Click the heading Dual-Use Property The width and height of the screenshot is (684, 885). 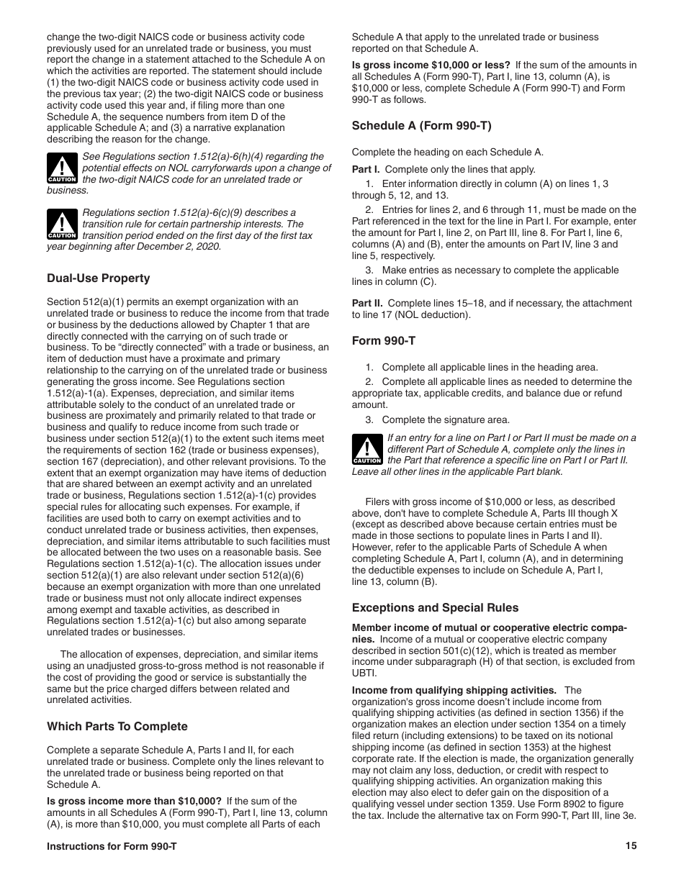tap(99, 278)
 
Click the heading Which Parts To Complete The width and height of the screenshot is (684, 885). tap(117, 727)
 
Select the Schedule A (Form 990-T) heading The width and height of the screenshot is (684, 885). tap(421, 126)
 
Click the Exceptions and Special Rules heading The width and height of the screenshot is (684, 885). tap(435, 608)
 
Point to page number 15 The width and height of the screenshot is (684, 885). tap(631, 846)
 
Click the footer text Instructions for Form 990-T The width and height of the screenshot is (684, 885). tap(112, 847)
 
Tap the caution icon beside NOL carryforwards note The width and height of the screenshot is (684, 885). tap(62, 168)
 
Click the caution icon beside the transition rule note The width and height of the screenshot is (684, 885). tap(62, 224)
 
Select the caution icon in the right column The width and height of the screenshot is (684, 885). tap(367, 449)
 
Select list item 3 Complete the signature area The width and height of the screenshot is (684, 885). tap(445, 420)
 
